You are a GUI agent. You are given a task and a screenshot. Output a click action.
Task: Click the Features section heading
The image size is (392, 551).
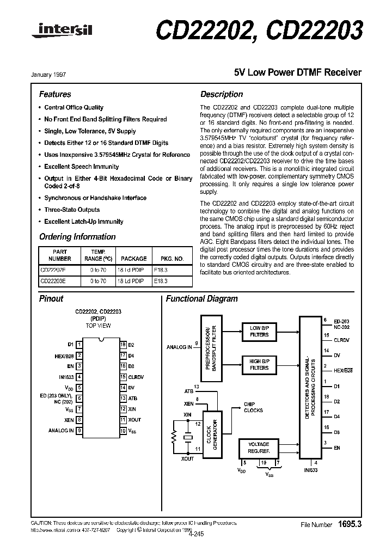click(x=55, y=94)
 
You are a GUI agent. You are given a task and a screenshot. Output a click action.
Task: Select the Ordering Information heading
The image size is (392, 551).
click(x=77, y=237)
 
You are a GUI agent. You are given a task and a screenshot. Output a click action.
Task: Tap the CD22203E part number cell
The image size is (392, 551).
click(x=53, y=281)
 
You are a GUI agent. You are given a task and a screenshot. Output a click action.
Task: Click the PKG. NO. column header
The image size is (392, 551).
click(x=172, y=259)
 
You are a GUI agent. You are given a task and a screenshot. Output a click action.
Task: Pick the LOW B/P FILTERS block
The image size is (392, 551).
click(x=259, y=332)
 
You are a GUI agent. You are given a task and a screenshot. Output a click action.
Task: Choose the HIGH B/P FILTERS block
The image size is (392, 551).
click(x=259, y=364)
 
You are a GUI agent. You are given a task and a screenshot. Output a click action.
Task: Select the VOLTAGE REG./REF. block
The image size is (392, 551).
click(x=259, y=448)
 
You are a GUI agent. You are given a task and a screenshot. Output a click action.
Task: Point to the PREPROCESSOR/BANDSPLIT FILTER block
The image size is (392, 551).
click(x=211, y=347)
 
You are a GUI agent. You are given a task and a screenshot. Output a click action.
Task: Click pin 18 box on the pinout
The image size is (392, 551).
click(x=123, y=345)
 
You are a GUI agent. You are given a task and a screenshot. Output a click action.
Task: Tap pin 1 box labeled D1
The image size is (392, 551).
click(x=79, y=345)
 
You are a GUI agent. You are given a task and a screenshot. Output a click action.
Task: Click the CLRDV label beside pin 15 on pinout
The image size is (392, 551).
click(x=136, y=377)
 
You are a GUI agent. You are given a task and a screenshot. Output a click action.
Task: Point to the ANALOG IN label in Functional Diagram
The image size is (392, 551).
click(x=179, y=347)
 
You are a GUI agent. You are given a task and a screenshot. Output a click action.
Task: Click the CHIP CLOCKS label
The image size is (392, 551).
click(x=254, y=407)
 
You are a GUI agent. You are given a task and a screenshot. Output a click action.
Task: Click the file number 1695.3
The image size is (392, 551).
click(x=350, y=524)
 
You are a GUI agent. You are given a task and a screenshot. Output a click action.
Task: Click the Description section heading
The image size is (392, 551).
click(x=222, y=94)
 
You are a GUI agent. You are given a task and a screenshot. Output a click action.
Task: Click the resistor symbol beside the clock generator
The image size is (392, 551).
click(x=174, y=436)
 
